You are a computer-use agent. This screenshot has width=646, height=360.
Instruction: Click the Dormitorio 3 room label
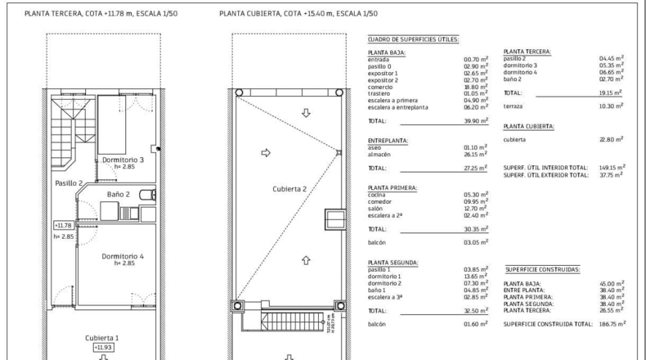(123, 160)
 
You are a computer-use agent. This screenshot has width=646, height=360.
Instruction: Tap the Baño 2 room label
(119, 194)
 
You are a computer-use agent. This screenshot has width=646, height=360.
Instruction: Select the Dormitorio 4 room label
(123, 256)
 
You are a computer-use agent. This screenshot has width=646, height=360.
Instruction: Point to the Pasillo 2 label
(69, 183)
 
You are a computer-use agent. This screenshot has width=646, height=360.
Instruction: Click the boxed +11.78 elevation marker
(64, 226)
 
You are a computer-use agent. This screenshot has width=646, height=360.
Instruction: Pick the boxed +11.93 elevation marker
(103, 347)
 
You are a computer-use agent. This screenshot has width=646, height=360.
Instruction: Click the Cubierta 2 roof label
(289, 189)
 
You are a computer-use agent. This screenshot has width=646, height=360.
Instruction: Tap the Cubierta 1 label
(101, 338)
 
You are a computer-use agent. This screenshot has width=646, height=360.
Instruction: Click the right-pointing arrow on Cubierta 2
(266, 152)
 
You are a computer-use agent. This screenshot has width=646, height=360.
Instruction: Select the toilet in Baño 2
(147, 195)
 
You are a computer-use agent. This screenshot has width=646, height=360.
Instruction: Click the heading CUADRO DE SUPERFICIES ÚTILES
(413, 39)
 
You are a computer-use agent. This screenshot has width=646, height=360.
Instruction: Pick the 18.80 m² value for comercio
(475, 87)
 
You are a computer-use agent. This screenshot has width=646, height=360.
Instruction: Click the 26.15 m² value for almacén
(475, 154)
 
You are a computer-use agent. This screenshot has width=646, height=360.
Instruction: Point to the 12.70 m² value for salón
(475, 209)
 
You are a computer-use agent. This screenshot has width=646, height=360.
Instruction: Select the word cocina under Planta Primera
(376, 195)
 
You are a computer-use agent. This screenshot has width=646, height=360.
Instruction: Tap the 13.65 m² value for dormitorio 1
(475, 277)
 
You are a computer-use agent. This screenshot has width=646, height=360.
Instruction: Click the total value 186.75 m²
(612, 324)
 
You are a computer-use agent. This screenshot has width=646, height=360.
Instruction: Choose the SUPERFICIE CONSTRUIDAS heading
(542, 270)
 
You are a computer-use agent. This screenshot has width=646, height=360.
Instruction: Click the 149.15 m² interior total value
(612, 168)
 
